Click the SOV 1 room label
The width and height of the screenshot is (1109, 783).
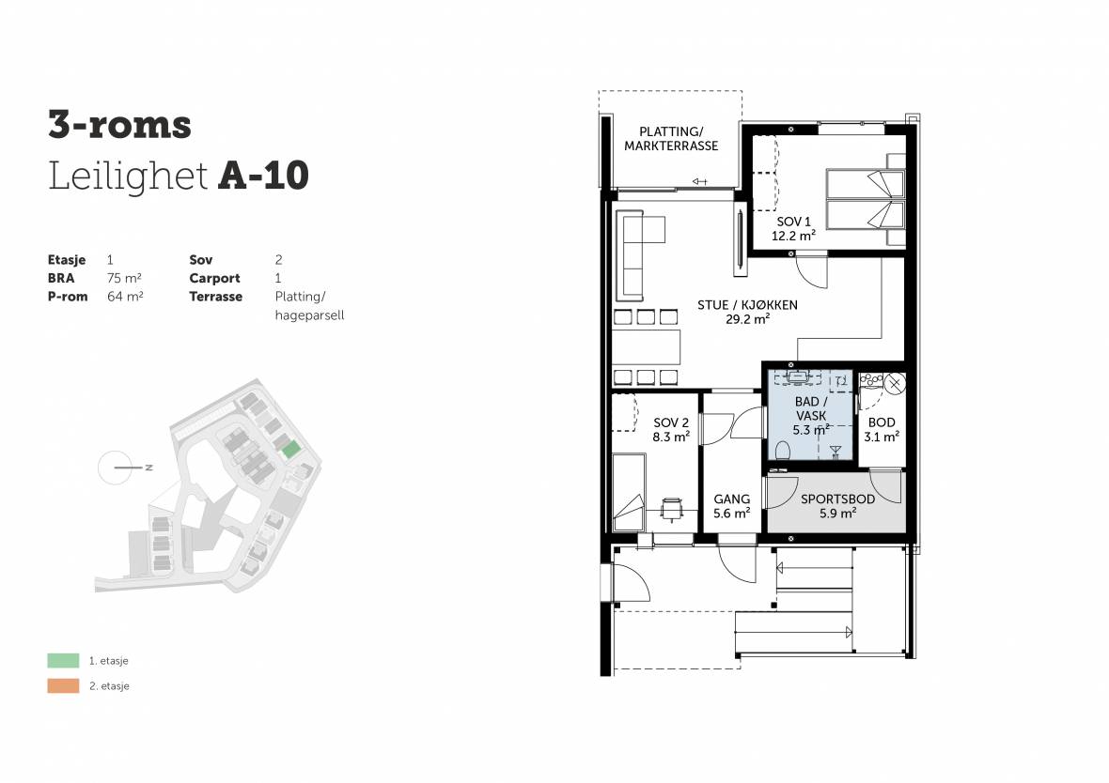tap(793, 222)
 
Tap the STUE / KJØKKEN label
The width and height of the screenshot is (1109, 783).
tap(747, 304)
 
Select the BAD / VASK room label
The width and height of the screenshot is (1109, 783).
tap(810, 408)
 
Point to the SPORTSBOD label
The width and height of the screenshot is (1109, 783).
tap(837, 499)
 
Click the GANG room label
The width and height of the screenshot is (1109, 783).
tap(731, 499)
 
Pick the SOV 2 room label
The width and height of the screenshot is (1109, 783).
tap(670, 422)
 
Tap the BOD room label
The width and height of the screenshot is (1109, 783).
tap(882, 422)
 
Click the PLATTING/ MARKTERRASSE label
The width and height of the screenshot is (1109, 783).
tap(670, 139)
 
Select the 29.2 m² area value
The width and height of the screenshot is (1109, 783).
tap(747, 318)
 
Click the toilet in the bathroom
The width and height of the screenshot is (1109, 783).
tap(783, 450)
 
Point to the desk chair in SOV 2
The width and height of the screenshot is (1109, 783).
tap(671, 508)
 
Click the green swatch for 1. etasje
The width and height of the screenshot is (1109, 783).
tap(63, 661)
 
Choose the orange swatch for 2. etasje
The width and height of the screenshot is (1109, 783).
tap(63, 685)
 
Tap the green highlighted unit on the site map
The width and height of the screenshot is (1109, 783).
tap(290, 450)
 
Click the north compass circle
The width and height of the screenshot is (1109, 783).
tap(115, 468)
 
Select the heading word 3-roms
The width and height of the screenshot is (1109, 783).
tap(119, 125)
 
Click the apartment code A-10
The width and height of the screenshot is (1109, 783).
tap(263, 176)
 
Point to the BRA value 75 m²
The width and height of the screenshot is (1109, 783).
tap(125, 279)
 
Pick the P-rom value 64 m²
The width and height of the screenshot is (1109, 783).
tap(125, 297)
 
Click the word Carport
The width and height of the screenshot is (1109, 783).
tap(214, 279)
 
